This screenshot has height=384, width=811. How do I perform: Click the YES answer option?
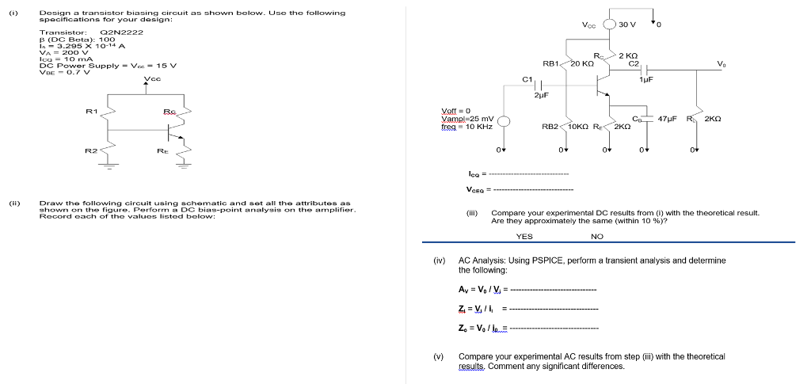(524, 236)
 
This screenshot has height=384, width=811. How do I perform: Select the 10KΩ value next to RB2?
(577, 126)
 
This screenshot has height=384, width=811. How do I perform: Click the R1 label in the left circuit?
(92, 112)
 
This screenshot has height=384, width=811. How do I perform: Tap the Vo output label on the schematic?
(719, 63)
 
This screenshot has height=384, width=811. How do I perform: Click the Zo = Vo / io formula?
(481, 327)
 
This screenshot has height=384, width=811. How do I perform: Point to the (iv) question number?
(438, 260)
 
